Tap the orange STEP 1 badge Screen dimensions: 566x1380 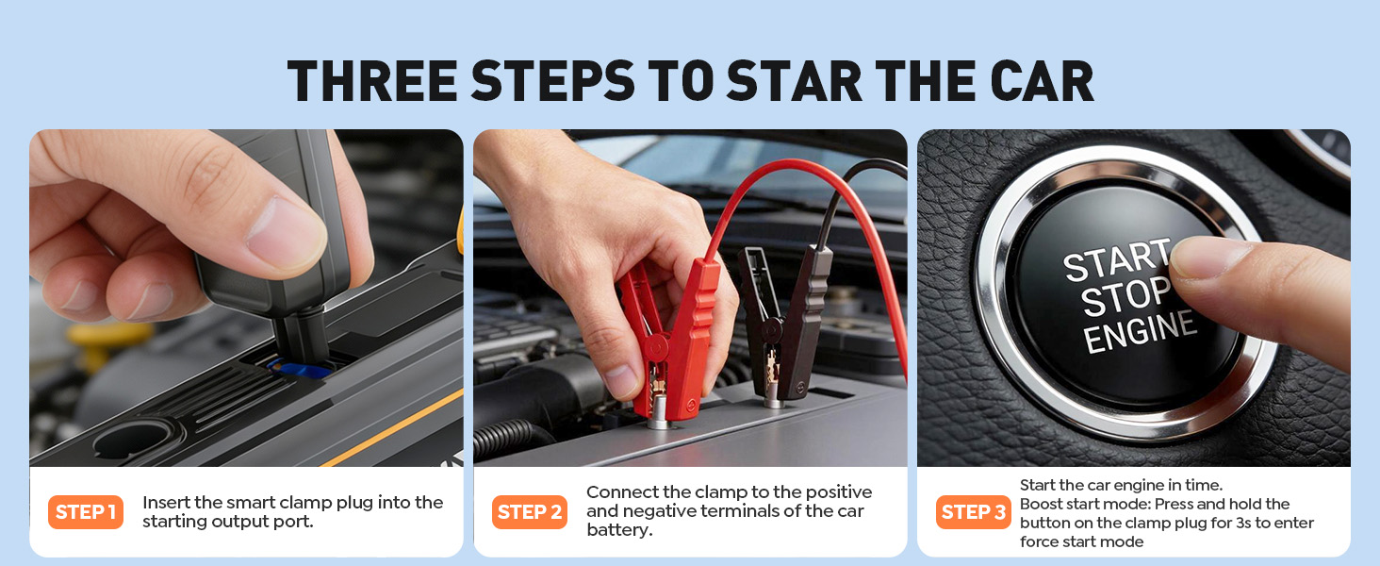click(x=86, y=512)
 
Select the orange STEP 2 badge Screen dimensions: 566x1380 click(x=530, y=512)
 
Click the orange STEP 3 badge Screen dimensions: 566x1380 click(x=974, y=512)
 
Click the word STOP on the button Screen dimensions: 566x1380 click(x=1125, y=298)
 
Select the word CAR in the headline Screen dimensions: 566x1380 click(x=1040, y=81)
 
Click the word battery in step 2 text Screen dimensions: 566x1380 click(x=618, y=530)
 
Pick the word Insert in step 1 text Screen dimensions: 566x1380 click(x=170, y=503)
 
